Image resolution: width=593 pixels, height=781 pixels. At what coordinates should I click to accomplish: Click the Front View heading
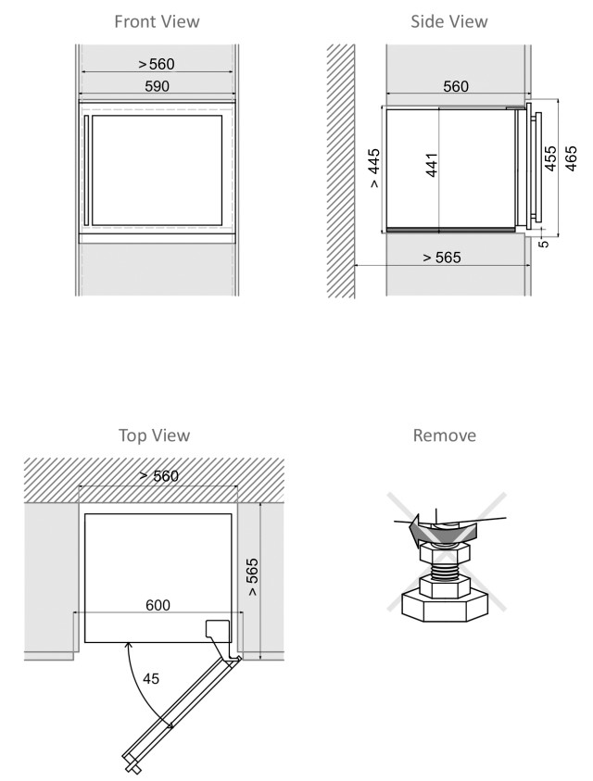(x=157, y=21)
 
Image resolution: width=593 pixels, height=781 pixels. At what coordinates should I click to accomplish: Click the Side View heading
(x=449, y=21)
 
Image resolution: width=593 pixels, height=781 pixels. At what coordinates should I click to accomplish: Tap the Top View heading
(x=155, y=435)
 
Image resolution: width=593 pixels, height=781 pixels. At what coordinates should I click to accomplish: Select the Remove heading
(x=445, y=435)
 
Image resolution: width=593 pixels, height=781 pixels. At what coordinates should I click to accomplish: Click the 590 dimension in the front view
(x=157, y=86)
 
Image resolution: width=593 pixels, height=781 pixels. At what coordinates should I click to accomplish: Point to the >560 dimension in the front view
(x=157, y=64)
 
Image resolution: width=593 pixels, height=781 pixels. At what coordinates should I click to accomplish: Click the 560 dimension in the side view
(x=456, y=86)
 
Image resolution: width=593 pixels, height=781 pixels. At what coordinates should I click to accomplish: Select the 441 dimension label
(x=432, y=165)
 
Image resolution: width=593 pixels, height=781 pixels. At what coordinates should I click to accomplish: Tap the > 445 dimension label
(x=374, y=168)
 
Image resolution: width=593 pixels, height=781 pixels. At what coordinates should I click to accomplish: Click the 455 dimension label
(x=550, y=158)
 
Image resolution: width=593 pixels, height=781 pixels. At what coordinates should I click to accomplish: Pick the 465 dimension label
(x=571, y=158)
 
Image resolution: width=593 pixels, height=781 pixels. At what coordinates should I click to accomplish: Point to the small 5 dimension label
(x=544, y=244)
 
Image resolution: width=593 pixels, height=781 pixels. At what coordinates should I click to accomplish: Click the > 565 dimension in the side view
(x=442, y=258)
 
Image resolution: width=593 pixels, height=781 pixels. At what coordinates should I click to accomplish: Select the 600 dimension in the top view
(x=158, y=605)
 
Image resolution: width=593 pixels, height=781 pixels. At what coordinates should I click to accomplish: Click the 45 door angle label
(x=151, y=678)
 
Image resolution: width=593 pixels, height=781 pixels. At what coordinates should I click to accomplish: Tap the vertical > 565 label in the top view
(x=252, y=577)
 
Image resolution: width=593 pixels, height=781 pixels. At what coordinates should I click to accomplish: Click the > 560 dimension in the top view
(x=159, y=476)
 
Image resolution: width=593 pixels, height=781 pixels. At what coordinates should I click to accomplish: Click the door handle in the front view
(x=86, y=170)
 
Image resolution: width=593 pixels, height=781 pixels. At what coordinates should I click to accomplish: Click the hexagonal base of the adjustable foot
(x=444, y=606)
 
